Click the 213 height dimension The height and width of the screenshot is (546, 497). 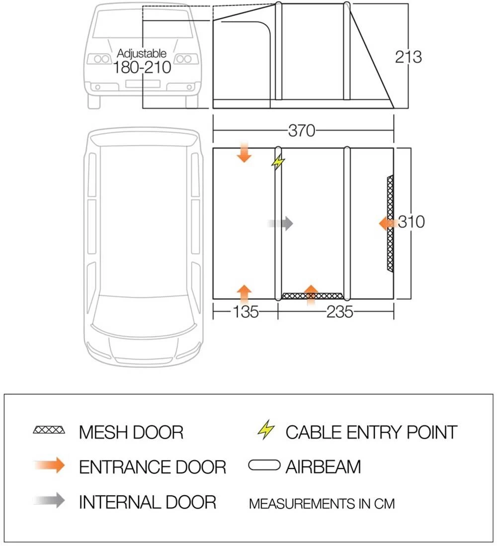(x=409, y=57)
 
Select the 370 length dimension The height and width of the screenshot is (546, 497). (x=302, y=130)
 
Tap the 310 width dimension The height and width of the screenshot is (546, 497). (x=411, y=221)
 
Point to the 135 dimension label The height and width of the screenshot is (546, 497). (x=246, y=312)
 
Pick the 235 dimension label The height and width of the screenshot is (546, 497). (x=339, y=312)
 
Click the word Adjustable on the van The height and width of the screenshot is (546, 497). (x=142, y=53)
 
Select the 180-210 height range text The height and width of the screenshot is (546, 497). (x=142, y=68)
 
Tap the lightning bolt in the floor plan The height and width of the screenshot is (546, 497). (x=279, y=162)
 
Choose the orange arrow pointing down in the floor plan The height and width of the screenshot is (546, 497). (x=244, y=153)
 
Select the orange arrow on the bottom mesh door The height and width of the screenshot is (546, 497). (x=311, y=294)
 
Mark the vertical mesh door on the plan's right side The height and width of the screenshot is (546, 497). (x=390, y=223)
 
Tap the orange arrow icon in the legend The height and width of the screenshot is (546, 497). (x=50, y=465)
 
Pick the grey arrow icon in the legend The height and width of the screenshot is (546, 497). (x=50, y=500)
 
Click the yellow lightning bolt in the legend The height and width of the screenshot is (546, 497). (x=266, y=430)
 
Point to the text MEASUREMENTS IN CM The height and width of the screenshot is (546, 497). (x=322, y=503)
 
